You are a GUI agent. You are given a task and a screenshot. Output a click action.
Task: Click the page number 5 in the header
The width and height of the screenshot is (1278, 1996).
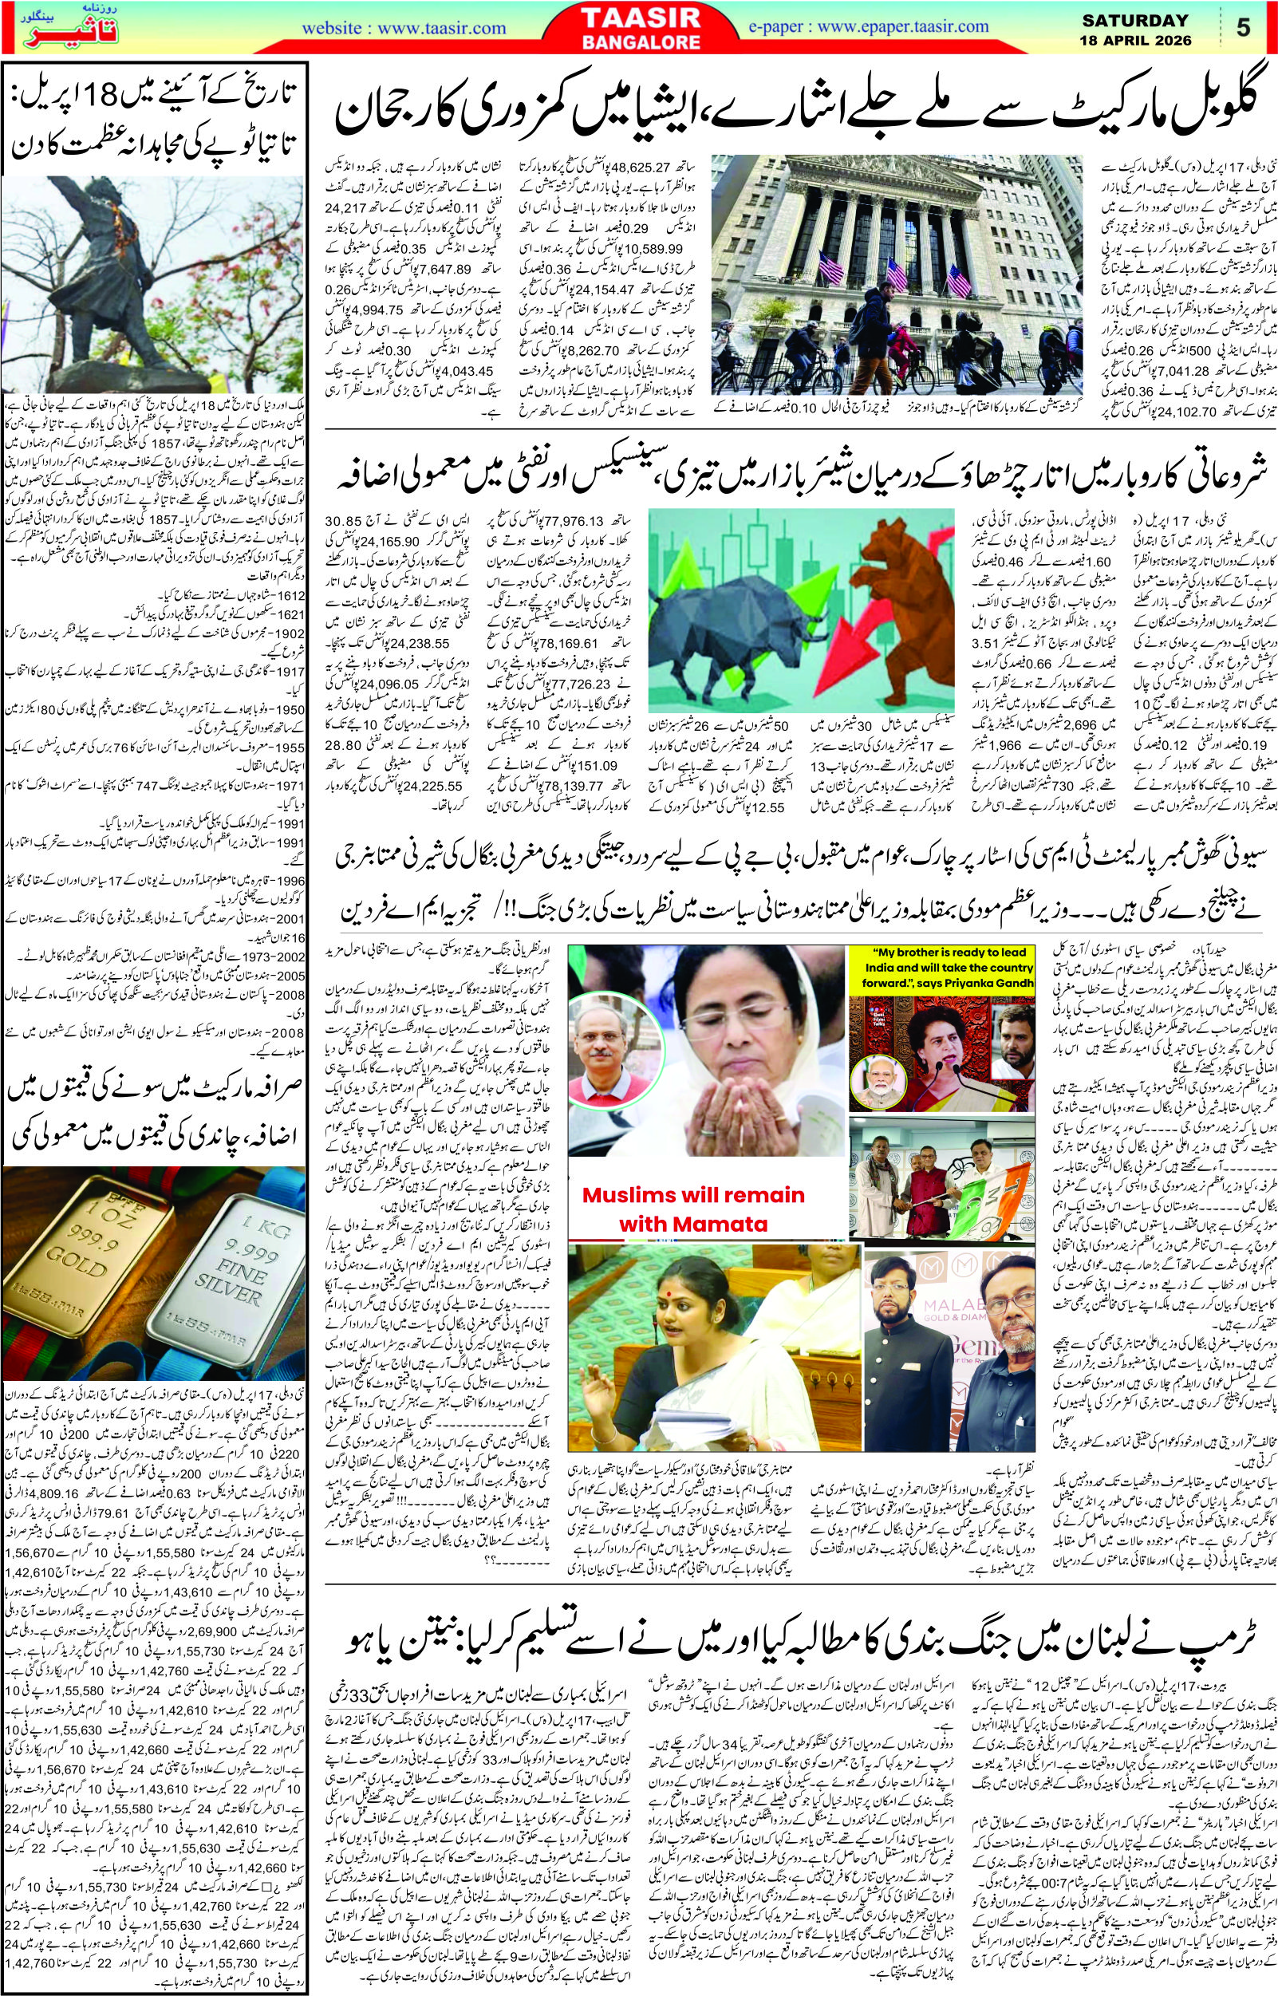coord(1242,28)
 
